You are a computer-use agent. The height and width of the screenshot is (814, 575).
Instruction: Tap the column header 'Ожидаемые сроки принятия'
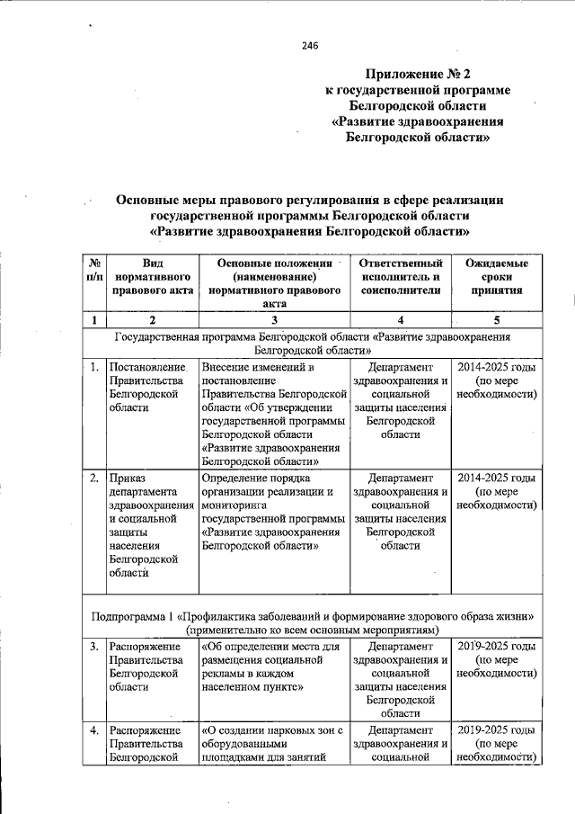(497, 277)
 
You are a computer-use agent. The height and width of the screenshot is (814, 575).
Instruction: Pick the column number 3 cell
(274, 319)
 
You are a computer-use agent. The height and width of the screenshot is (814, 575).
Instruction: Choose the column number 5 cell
(497, 319)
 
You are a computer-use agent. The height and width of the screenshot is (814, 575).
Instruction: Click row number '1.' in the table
(94, 367)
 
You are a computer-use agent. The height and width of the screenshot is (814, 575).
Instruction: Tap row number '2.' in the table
(94, 478)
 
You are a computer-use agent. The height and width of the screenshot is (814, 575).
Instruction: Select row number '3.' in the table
(94, 646)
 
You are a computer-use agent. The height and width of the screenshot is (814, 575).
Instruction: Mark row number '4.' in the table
(94, 729)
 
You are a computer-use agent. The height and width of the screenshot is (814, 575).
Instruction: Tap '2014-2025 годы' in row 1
(497, 367)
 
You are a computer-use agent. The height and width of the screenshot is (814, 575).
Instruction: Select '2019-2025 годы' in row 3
(497, 646)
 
